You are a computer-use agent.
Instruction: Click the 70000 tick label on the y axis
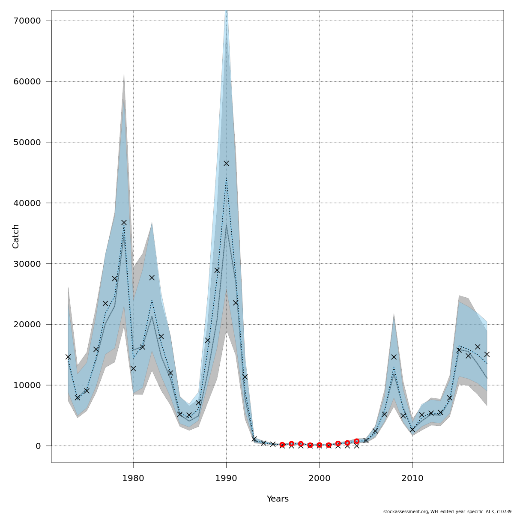[x=27, y=21]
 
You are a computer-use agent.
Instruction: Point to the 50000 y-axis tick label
[x=27, y=142]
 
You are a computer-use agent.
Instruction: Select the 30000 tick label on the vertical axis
[x=27, y=264]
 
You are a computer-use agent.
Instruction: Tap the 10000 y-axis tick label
[x=27, y=385]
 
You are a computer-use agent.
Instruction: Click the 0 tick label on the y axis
[x=39, y=446]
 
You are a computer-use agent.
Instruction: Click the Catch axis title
[x=16, y=236]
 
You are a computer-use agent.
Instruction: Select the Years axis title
[x=278, y=499]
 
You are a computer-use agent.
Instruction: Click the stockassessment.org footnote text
[x=447, y=511]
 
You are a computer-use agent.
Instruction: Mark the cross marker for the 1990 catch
[x=226, y=163]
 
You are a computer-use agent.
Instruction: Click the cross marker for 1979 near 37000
[x=124, y=222]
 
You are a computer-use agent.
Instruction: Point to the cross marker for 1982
[x=152, y=278]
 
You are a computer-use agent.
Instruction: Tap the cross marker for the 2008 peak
[x=394, y=357]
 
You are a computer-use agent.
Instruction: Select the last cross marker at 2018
[x=487, y=354]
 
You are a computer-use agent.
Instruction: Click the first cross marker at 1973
[x=68, y=357]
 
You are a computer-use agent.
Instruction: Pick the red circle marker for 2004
[x=356, y=441]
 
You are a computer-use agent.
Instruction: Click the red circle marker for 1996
[x=282, y=445]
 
